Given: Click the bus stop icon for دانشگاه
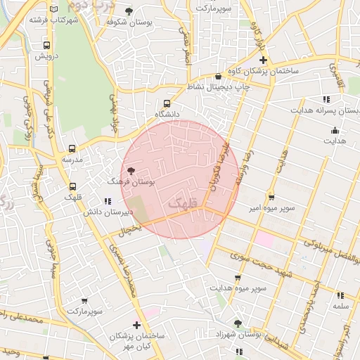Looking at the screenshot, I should coord(167,102).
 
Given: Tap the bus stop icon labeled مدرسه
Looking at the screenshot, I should coord(72,149).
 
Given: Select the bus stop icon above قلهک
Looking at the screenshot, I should coord(73,187).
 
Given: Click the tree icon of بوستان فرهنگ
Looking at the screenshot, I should coord(131,171).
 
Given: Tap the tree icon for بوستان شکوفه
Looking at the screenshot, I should coord(129,11).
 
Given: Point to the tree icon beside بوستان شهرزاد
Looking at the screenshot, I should coord(238,324).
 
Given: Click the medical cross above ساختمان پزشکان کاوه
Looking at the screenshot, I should coord(262,61).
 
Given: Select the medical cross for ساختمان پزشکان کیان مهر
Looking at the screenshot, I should coord(136,325).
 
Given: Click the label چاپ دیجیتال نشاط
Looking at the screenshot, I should coord(216,86).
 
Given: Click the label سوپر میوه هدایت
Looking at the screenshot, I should coord(238,288).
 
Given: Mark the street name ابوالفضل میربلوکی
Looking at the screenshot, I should coord(330,252).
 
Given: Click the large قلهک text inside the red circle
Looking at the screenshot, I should coord(182,203).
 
